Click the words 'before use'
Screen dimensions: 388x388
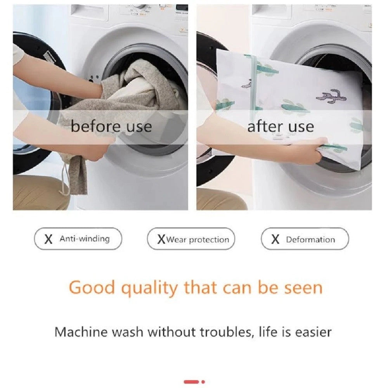(111, 127)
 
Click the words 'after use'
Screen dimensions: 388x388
(281, 127)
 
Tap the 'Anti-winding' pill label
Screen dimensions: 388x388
(78, 239)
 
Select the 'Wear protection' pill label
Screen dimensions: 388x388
(191, 239)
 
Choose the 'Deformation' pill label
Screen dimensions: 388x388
(305, 239)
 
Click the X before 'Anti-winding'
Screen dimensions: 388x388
(48, 239)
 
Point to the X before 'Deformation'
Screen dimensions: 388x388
(275, 239)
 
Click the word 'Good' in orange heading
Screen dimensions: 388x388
(92, 288)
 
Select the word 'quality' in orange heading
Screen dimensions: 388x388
(149, 289)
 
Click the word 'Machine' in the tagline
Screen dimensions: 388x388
(81, 332)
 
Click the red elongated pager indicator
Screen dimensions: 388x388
(191, 382)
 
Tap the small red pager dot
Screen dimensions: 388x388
(203, 382)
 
